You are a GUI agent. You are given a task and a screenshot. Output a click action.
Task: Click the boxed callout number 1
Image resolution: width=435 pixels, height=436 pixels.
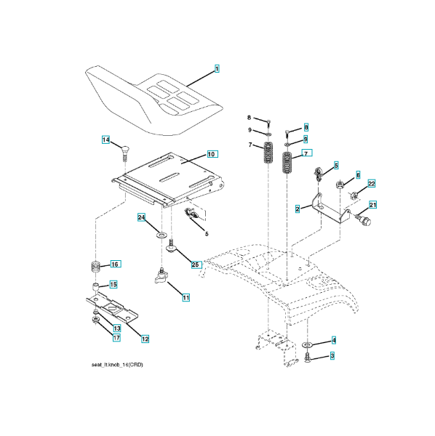[x=217, y=68]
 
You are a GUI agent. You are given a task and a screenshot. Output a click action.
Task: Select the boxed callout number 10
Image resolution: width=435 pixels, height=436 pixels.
[x=212, y=154]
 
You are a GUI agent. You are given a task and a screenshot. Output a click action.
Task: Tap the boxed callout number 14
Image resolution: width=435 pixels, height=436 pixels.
[x=105, y=140]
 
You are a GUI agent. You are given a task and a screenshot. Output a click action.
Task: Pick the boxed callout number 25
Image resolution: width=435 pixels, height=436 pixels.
[x=196, y=265]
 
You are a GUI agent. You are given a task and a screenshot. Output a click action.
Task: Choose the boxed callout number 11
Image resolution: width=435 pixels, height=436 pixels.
[x=186, y=298]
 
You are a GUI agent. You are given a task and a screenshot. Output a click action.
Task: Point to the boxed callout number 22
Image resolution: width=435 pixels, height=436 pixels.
[x=372, y=184]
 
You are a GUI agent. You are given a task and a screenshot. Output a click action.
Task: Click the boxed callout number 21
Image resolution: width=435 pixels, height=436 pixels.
[x=372, y=205]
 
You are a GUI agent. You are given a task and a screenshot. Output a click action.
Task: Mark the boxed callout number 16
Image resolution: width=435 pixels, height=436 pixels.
[x=115, y=264]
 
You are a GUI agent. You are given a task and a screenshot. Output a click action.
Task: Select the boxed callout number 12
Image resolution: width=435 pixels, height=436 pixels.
[x=145, y=339]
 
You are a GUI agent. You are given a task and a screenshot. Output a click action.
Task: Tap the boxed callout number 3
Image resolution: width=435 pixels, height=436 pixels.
[x=332, y=355]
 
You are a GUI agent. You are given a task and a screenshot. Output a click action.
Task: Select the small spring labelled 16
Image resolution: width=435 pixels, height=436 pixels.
[x=95, y=267]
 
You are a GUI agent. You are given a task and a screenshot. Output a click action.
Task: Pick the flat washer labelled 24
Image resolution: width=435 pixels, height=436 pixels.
[x=161, y=235]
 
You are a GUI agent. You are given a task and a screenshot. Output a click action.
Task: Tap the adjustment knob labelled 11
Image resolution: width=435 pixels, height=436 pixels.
[x=161, y=276]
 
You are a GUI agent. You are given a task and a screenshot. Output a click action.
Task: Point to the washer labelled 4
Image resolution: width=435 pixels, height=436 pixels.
[x=307, y=345]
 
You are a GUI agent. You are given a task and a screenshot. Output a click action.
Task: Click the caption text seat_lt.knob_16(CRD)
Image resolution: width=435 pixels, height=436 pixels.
[x=117, y=365]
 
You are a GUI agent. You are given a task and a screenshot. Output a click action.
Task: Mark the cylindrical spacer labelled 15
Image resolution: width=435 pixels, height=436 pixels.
[x=95, y=286]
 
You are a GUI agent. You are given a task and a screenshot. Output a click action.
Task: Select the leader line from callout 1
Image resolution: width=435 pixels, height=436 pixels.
[x=200, y=79]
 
